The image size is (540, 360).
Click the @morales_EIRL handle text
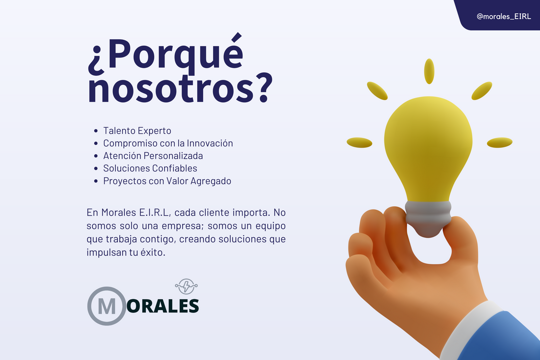[504, 16]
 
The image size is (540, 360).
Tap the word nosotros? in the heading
[179, 88]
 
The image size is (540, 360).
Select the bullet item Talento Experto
[137, 131]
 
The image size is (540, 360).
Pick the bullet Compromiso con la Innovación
[168, 143]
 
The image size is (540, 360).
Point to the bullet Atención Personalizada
[153, 156]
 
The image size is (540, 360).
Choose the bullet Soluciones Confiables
[150, 168]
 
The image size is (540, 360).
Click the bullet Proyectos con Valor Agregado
[167, 181]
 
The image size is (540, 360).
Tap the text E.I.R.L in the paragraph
[150, 214]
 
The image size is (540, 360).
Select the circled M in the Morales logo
[107, 306]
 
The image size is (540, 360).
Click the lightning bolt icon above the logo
[186, 286]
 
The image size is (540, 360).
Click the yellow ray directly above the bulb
[429, 71]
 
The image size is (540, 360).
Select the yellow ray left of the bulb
[359, 142]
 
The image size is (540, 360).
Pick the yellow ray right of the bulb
[500, 142]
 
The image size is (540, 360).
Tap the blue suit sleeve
[515, 339]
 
